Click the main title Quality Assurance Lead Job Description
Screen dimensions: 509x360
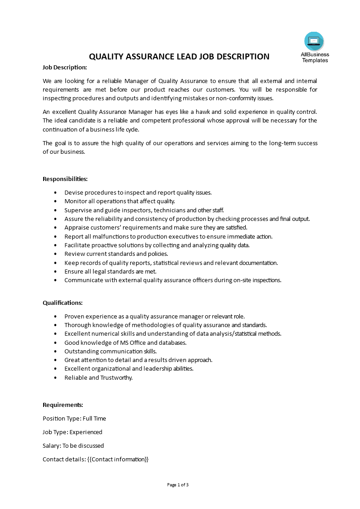pyautogui.click(x=179, y=57)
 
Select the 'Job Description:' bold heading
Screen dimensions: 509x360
pyautogui.click(x=64, y=67)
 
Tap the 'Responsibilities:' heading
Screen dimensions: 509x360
pyautogui.click(x=65, y=179)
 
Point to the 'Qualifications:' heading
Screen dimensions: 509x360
pyautogui.click(x=63, y=303)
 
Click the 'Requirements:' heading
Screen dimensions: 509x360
pyautogui.click(x=63, y=405)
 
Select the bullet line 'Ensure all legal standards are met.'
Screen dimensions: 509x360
pyautogui.click(x=110, y=271)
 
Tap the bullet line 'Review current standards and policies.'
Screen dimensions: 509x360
pyautogui.click(x=116, y=254)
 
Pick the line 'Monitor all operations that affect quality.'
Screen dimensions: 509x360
pyautogui.click(x=119, y=201)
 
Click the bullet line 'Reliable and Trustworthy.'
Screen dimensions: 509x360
pyautogui.click(x=99, y=377)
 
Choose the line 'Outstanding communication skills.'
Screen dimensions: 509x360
pyautogui.click(x=110, y=351)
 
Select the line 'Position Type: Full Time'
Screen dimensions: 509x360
pyautogui.click(x=74, y=418)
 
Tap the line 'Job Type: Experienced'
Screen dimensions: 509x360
pyautogui.click(x=72, y=432)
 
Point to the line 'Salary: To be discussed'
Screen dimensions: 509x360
pyautogui.click(x=73, y=445)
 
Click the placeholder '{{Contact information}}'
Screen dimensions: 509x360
pyautogui.click(x=118, y=459)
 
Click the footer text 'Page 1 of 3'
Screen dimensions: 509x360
pyautogui.click(x=178, y=485)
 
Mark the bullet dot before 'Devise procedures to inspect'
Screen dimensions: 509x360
pyautogui.click(x=55, y=192)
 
